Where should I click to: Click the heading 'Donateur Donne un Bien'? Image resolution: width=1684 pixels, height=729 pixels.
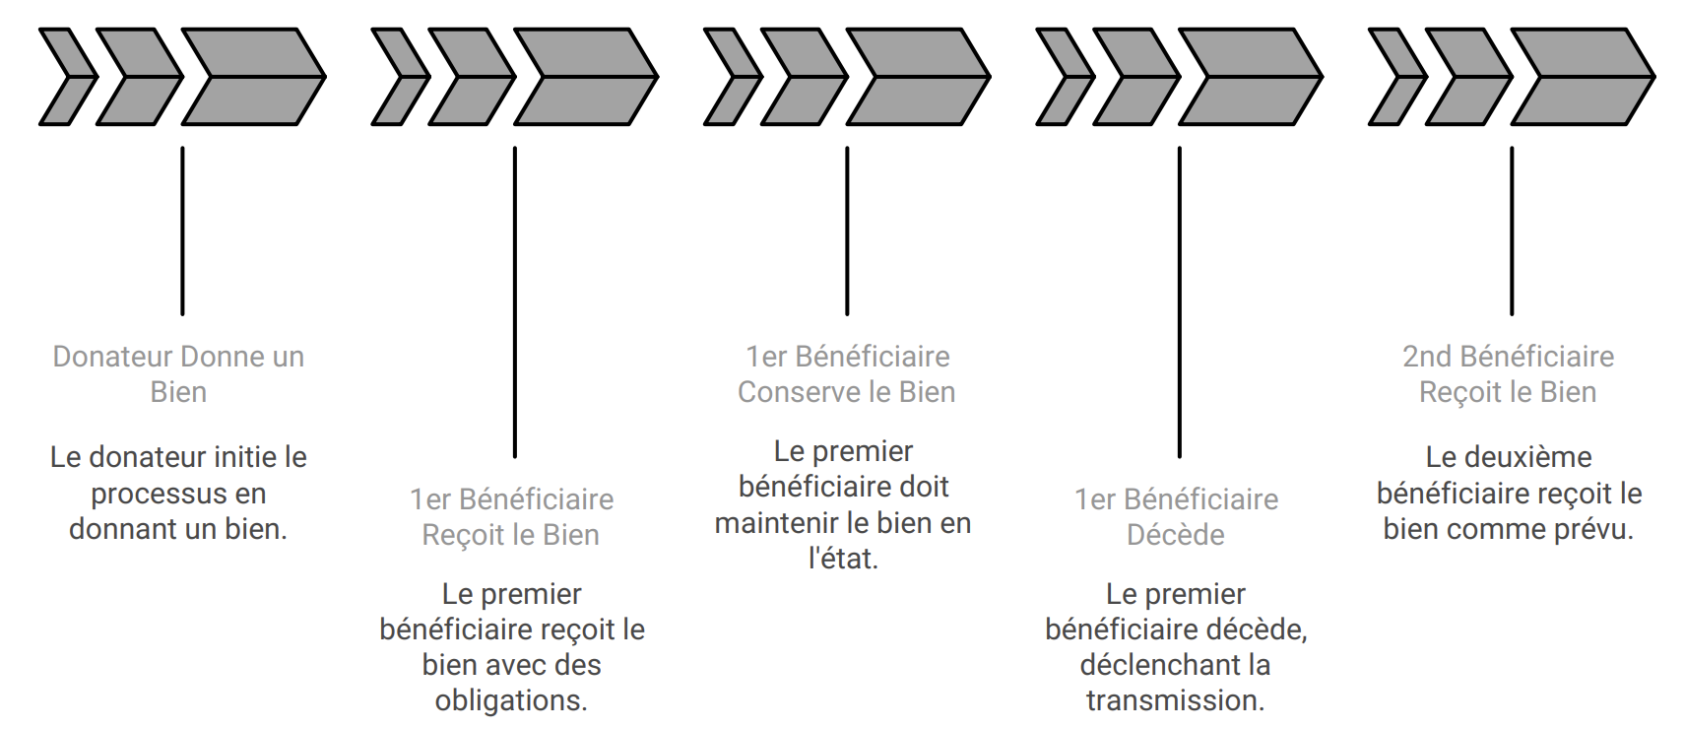pos(178,374)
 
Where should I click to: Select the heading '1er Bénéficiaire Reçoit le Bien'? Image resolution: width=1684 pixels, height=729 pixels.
pos(511,517)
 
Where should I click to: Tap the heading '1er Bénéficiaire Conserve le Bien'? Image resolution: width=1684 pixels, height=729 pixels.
pos(847,374)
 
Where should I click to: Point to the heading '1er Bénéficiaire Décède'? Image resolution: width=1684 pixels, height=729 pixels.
pos(1176,517)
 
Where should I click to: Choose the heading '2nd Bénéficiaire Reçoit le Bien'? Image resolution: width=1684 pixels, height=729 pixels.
pos(1508,374)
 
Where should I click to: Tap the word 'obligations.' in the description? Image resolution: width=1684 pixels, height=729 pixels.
pos(511,700)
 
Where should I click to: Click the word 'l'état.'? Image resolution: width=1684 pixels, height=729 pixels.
pos(844,559)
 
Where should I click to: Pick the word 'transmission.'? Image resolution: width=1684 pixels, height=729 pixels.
pos(1176,700)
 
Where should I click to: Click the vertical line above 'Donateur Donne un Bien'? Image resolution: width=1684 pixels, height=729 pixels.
pos(182,231)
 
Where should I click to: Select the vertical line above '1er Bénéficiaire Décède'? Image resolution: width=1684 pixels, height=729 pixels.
pos(1180,302)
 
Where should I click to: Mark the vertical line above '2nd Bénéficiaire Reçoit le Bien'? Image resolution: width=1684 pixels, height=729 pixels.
pos(1512,231)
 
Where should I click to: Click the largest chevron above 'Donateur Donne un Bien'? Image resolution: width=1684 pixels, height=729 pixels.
pos(254,77)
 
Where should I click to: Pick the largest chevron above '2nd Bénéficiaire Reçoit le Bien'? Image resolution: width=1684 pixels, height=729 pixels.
pos(1584,77)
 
